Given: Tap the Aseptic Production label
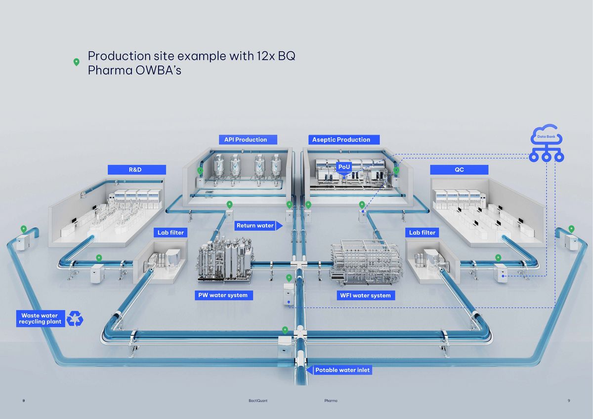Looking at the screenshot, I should pyautogui.click(x=341, y=140).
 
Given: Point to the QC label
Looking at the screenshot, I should pyautogui.click(x=459, y=170).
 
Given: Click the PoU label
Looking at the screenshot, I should pyautogui.click(x=344, y=167).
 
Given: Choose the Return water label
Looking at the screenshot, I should pyautogui.click(x=255, y=226).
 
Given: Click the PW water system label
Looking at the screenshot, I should pyautogui.click(x=223, y=295).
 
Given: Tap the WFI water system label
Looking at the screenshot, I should pyautogui.click(x=366, y=295).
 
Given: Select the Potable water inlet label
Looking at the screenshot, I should pyautogui.click(x=342, y=370).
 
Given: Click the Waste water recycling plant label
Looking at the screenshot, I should pyautogui.click(x=40, y=319).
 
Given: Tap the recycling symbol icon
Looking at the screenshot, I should pyautogui.click(x=75, y=318).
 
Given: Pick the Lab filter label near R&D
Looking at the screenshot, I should pyautogui.click(x=170, y=232).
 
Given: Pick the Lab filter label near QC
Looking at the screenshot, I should pyautogui.click(x=422, y=232).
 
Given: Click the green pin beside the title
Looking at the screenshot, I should pyautogui.click(x=76, y=62).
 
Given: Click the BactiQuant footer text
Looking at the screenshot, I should pyautogui.click(x=258, y=401).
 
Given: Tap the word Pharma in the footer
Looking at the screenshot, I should pyautogui.click(x=331, y=401).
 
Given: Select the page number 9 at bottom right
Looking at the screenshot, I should pyautogui.click(x=569, y=401).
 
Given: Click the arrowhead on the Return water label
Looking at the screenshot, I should pyautogui.click(x=279, y=226).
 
